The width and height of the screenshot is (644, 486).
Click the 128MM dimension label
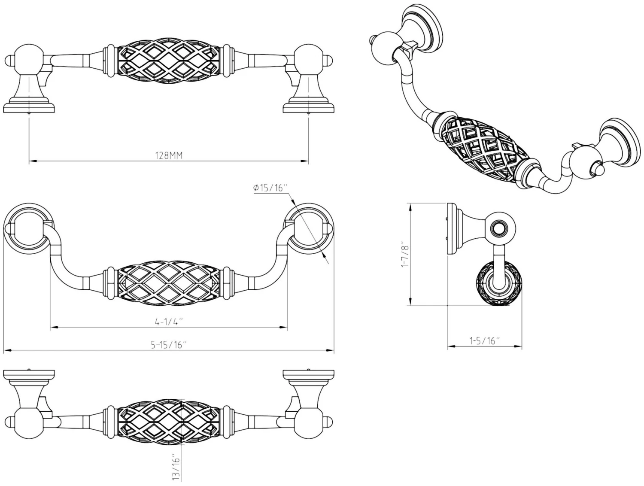click(169, 155)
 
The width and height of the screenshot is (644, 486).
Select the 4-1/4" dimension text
click(169, 322)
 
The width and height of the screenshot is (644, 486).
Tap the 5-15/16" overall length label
click(169, 345)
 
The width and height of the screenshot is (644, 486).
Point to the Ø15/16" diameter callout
click(270, 188)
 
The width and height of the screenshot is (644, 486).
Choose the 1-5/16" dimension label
click(484, 341)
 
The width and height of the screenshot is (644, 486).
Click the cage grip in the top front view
click(169, 63)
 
